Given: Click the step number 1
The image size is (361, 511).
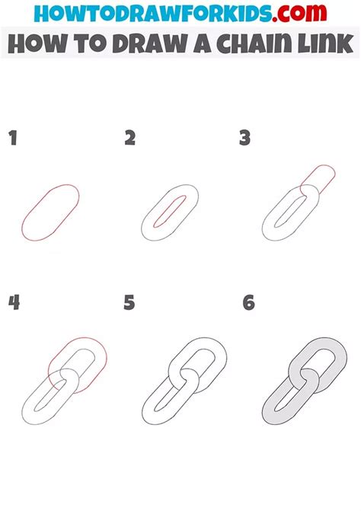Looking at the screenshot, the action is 13,138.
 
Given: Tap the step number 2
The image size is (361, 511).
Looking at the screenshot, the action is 130,138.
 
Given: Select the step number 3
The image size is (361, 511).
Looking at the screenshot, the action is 244,138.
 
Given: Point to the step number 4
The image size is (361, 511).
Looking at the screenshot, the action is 14,302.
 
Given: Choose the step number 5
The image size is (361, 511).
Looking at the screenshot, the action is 129,302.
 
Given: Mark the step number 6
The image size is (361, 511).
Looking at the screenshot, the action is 248,302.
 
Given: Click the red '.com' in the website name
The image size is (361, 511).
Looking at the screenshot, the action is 299,14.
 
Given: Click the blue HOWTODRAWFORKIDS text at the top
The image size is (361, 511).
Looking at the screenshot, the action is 152,14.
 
